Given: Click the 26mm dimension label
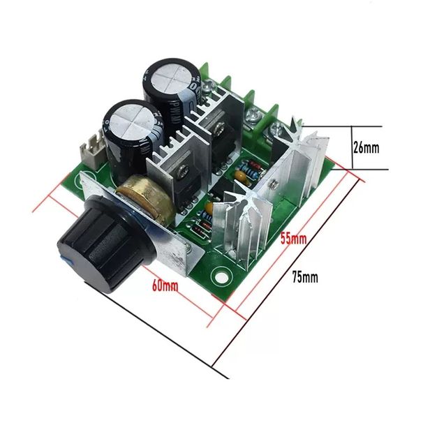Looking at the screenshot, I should (366, 148).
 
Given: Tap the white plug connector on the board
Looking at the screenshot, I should (91, 147).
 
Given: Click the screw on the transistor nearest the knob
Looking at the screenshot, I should (184, 167).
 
